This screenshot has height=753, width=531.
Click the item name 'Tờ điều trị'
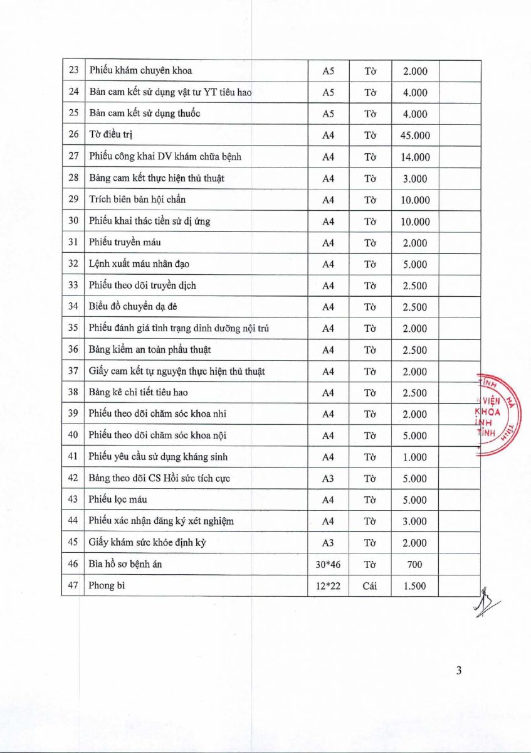pos(111,135)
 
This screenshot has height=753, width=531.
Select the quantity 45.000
pos(415,136)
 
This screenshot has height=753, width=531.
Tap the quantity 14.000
pos(415,157)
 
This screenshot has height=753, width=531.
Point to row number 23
pos(73,71)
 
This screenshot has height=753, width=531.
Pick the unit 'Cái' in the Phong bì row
pos(369,585)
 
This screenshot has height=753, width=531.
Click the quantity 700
pos(415,564)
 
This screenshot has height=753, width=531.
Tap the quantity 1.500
pos(415,585)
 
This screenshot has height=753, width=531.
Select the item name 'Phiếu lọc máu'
pos(118,499)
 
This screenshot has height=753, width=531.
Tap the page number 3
pos(459,670)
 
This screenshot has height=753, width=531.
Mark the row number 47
pos(73,585)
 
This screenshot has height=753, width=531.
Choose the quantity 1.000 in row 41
pos(415,457)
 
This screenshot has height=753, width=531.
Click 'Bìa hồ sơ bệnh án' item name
pos(125,564)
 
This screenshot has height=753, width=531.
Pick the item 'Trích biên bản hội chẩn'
pos(137,200)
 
